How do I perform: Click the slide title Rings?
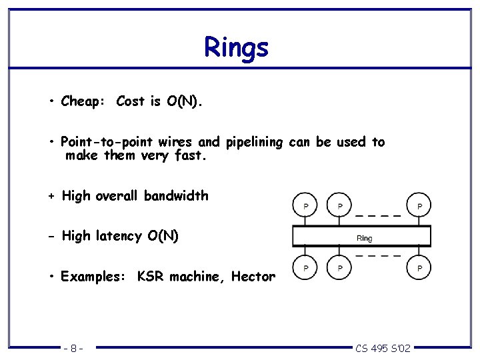236,48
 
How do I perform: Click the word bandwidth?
176,196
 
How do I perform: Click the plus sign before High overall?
51,197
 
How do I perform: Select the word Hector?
253,277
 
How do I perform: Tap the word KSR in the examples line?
151,277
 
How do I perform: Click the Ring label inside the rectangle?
365,238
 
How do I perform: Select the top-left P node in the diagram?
305,205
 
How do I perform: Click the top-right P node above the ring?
419,205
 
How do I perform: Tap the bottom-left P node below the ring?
305,268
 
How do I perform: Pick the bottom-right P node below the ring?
419,268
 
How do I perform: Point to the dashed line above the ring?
377,216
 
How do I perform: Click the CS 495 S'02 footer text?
383,348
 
